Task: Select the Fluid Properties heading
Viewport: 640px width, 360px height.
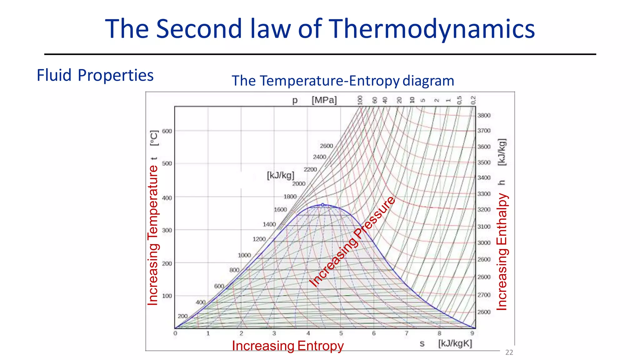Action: (95, 75)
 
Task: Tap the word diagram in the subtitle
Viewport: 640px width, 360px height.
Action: (428, 81)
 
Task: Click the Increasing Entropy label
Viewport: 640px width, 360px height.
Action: (287, 346)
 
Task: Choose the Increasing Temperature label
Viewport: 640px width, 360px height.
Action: (153, 235)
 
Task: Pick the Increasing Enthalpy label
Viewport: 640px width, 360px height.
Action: (502, 252)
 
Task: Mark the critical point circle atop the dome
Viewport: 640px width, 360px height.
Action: (323, 205)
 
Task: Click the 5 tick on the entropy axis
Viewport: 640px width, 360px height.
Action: (341, 333)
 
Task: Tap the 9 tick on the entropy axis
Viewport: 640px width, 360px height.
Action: (472, 333)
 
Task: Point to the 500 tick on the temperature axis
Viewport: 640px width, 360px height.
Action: (167, 163)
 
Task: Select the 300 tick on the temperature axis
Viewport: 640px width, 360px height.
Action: (167, 230)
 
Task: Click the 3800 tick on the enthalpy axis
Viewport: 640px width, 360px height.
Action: (484, 115)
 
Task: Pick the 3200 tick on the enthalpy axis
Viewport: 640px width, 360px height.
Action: (484, 209)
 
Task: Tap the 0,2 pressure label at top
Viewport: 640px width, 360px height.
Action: (473, 100)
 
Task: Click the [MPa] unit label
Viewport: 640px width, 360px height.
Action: (324, 100)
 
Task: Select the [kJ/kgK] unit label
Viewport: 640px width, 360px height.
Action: (455, 343)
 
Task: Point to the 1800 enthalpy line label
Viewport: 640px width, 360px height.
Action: (290, 197)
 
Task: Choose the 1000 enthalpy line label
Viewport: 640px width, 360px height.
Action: (244, 255)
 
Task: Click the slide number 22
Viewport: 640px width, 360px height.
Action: (509, 352)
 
